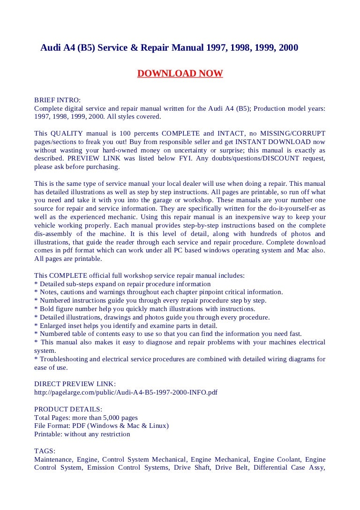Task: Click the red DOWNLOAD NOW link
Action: pos(180,74)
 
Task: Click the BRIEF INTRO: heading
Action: pos(58,100)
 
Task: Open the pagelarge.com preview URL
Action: pos(126,392)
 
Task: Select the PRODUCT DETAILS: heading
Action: pos(68,409)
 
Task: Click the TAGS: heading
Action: pos(45,451)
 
